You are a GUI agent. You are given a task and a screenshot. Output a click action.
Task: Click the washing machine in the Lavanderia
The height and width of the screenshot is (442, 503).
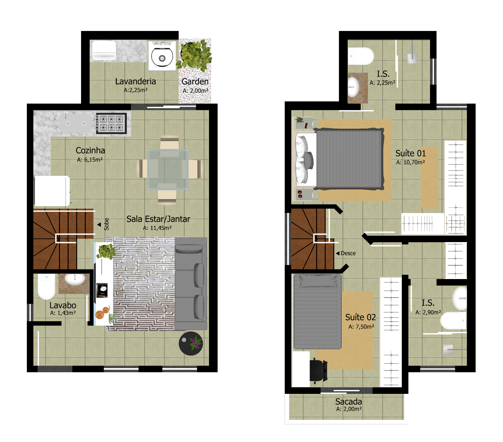(x=162, y=56)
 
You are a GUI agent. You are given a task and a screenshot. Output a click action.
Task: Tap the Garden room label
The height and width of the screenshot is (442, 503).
(x=195, y=81)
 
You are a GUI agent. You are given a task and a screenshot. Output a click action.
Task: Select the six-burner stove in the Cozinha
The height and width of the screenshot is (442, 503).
(x=111, y=123)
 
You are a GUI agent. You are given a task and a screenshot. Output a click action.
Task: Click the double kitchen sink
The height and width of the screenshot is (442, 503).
(x=76, y=123)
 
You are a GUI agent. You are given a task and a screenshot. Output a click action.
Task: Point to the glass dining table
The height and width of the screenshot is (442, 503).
(x=168, y=169)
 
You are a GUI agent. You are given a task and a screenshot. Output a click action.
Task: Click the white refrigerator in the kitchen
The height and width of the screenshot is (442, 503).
(x=52, y=191)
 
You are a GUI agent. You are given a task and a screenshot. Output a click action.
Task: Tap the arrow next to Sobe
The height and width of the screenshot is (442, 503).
(x=99, y=224)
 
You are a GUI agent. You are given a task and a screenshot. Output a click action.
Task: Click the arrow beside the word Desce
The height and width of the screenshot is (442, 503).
(x=338, y=253)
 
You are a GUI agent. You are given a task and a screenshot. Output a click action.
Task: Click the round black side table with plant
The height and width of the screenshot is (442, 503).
(x=191, y=344)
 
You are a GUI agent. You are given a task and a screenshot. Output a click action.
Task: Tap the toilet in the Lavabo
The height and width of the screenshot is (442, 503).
(x=46, y=286)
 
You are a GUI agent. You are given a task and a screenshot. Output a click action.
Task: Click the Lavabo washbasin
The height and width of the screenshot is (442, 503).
(x=75, y=279)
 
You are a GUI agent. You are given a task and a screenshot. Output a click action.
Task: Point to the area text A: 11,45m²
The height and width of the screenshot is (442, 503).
(x=157, y=228)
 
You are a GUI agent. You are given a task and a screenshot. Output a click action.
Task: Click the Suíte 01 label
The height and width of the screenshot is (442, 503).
(x=410, y=153)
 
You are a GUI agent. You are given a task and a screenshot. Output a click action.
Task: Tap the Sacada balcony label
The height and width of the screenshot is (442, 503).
(x=348, y=401)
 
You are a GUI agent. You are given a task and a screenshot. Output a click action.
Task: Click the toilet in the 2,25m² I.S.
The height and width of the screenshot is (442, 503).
(x=361, y=56)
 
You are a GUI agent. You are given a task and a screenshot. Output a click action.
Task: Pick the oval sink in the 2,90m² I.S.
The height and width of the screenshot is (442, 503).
(x=459, y=298)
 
